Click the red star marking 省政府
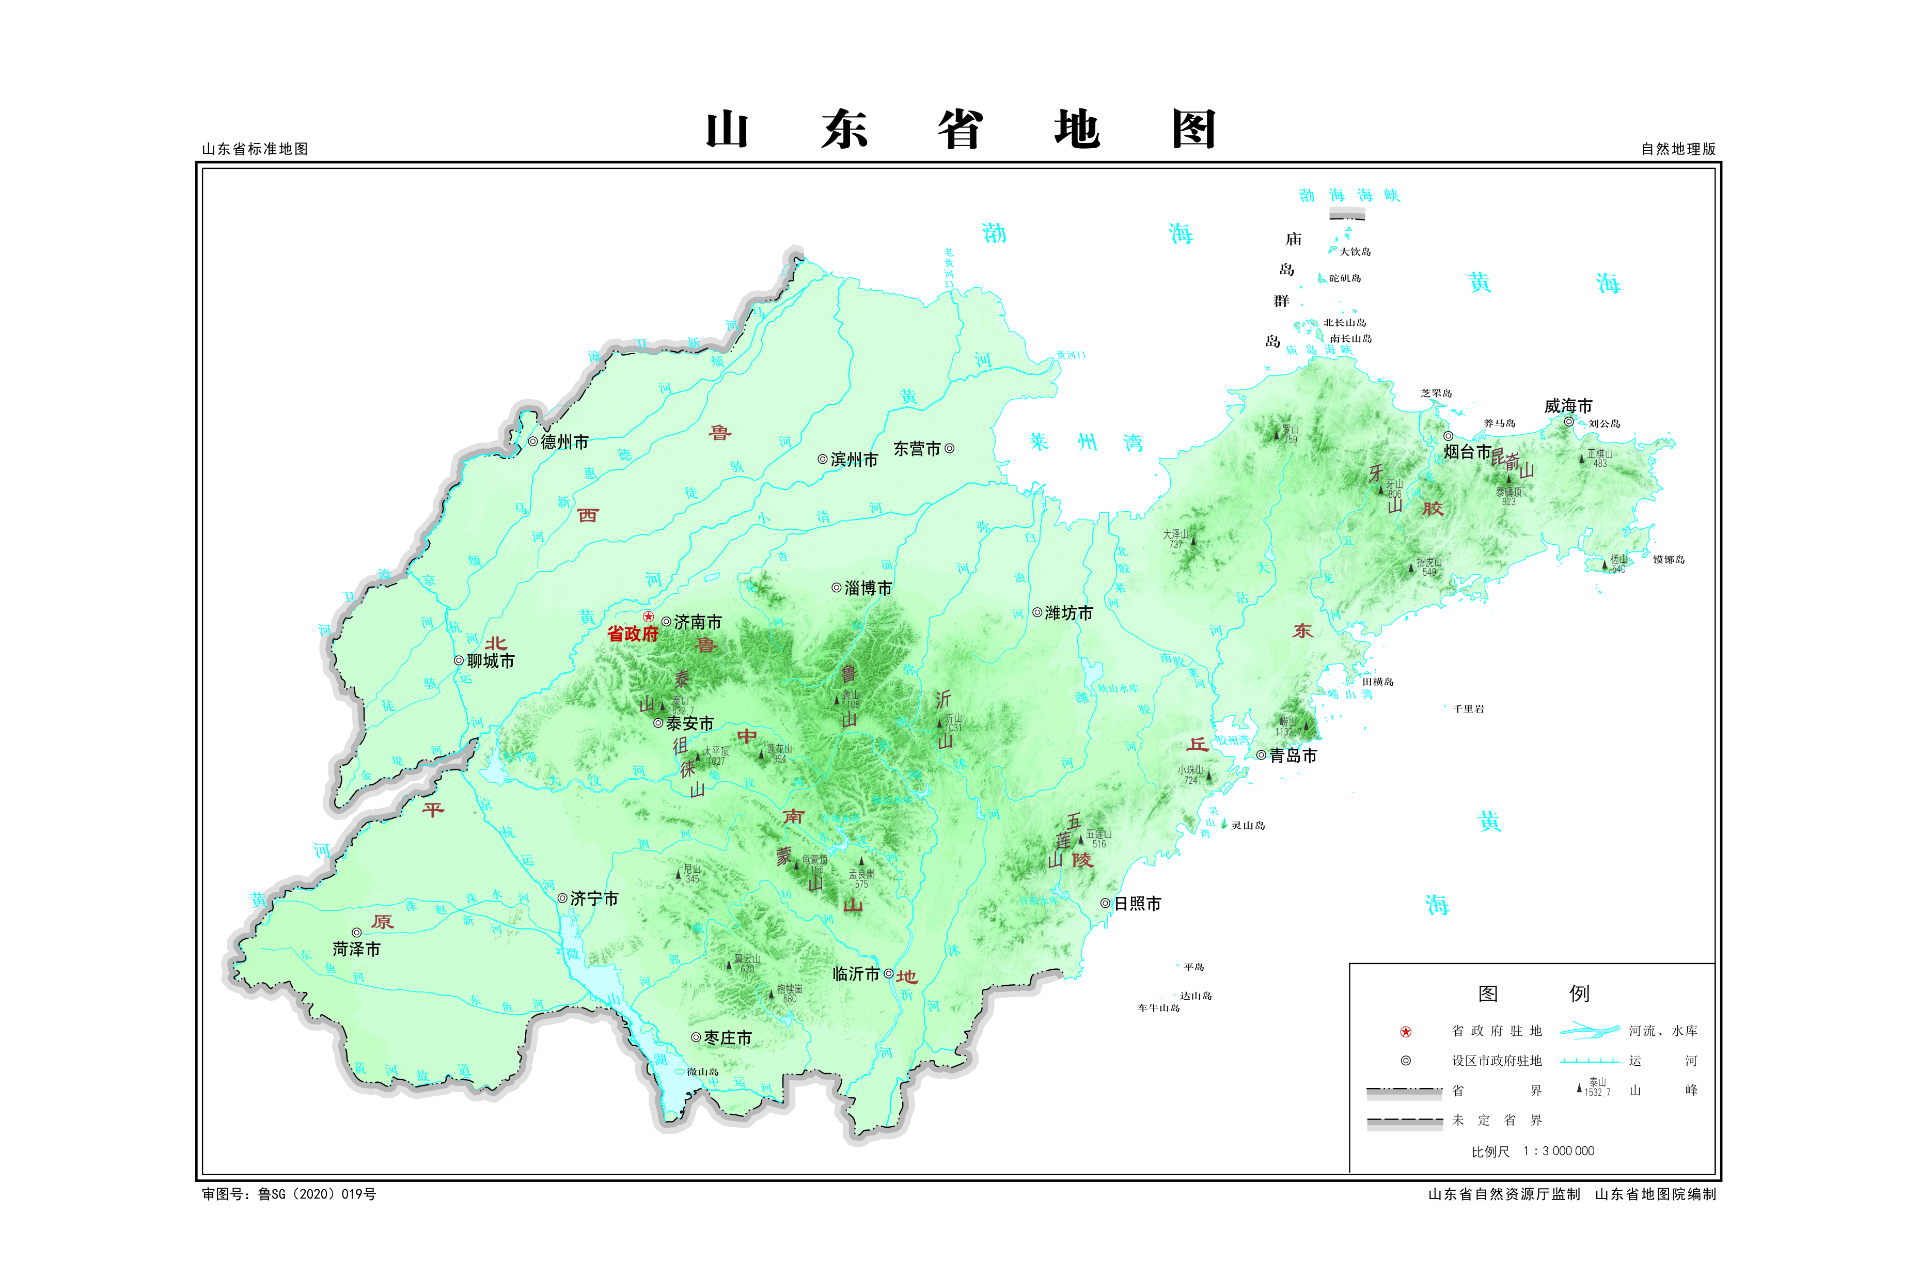tap(648, 617)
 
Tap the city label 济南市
tap(698, 623)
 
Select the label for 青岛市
tap(1293, 755)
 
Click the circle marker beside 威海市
tap(1568, 421)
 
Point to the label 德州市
tap(564, 442)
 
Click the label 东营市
tap(917, 449)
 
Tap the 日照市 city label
tap(1137, 903)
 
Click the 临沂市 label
tap(856, 974)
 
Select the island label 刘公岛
tap(1604, 424)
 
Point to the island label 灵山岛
tap(1248, 826)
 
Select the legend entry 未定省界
tap(1497, 1120)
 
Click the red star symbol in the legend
tap(1405, 1032)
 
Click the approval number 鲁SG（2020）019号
tap(316, 1194)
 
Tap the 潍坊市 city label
tap(1068, 613)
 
